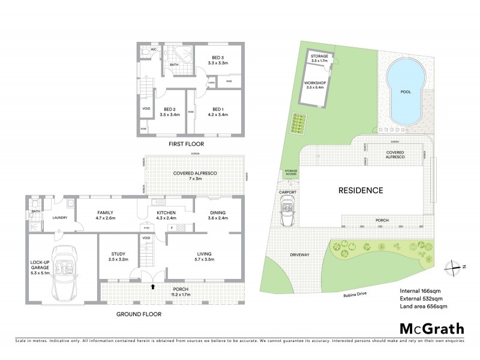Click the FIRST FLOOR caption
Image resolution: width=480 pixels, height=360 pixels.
(x=186, y=145)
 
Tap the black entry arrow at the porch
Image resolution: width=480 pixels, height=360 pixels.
(x=154, y=287)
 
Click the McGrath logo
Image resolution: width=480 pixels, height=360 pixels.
(x=431, y=328)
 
